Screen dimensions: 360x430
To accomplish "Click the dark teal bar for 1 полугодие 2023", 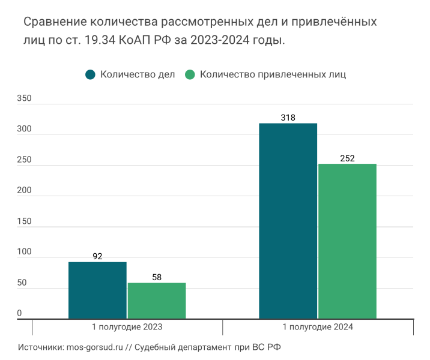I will pyautogui.click(x=97, y=290).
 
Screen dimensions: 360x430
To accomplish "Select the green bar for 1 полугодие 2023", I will pyautogui.click(x=157, y=301).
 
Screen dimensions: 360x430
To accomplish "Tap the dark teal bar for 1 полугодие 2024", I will pyautogui.click(x=288, y=221).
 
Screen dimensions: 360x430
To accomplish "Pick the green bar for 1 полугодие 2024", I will pyautogui.click(x=347, y=241).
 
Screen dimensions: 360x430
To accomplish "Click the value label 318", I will pyautogui.click(x=288, y=118).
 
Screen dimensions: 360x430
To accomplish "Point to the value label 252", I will pyautogui.click(x=347, y=158).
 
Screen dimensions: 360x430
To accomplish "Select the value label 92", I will pyautogui.click(x=97, y=256).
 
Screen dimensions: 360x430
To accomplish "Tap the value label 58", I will pyautogui.click(x=157, y=277).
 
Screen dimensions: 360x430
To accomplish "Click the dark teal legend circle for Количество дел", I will pyautogui.click(x=91, y=75).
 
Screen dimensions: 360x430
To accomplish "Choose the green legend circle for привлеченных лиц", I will pyautogui.click(x=190, y=75).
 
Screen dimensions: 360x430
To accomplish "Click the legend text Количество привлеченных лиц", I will pyautogui.click(x=273, y=75).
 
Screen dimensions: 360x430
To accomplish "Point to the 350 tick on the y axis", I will pyautogui.click(x=24, y=98).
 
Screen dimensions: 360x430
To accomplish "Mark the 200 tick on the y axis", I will pyautogui.click(x=24, y=190).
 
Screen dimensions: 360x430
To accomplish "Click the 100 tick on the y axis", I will pyautogui.click(x=24, y=252).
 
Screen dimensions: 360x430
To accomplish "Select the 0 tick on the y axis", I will pyautogui.click(x=20, y=313).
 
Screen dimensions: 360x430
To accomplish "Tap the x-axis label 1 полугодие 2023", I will pyautogui.click(x=127, y=327).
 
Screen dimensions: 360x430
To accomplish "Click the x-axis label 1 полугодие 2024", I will pyautogui.click(x=318, y=327).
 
